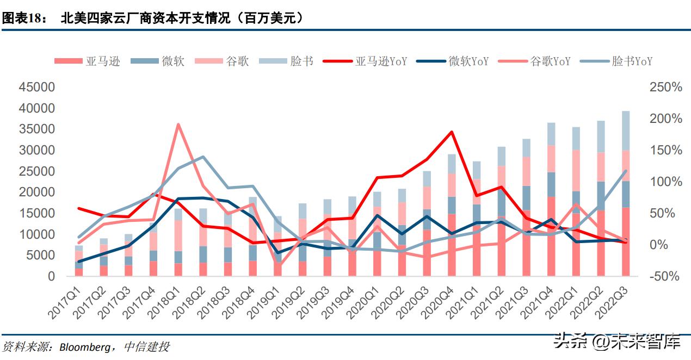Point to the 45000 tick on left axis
pyautogui.click(x=37, y=88)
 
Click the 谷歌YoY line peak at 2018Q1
pyautogui.click(x=178, y=125)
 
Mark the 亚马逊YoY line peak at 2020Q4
pyautogui.click(x=451, y=132)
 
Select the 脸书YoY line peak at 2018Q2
pyautogui.click(x=202, y=157)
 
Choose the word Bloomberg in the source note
pyautogui.click(x=83, y=346)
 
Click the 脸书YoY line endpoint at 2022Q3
pyautogui.click(x=625, y=171)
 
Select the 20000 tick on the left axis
pyautogui.click(x=37, y=192)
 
